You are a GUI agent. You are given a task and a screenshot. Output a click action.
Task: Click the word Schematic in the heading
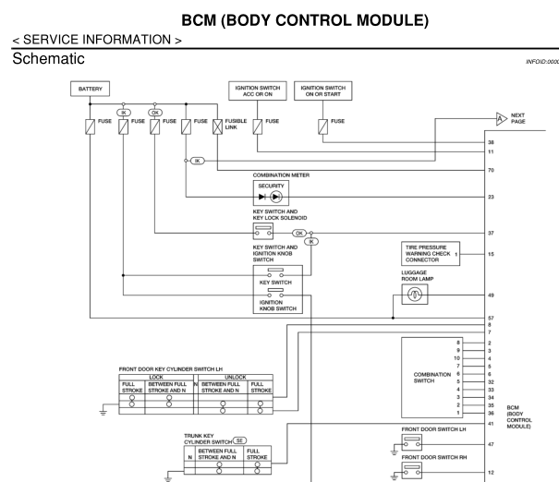[x=42, y=57]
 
